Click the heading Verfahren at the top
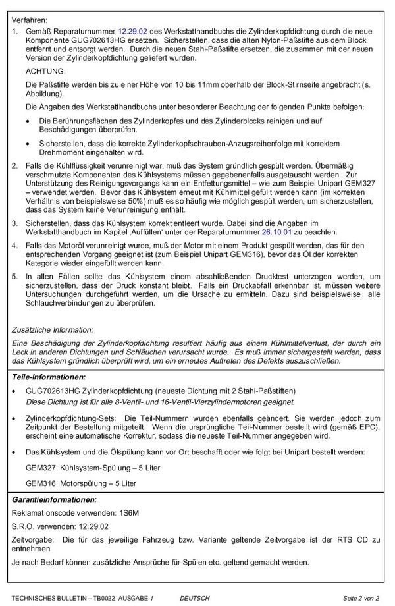(30, 18)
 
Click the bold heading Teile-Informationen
(49, 377)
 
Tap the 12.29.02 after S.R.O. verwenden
(91, 526)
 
